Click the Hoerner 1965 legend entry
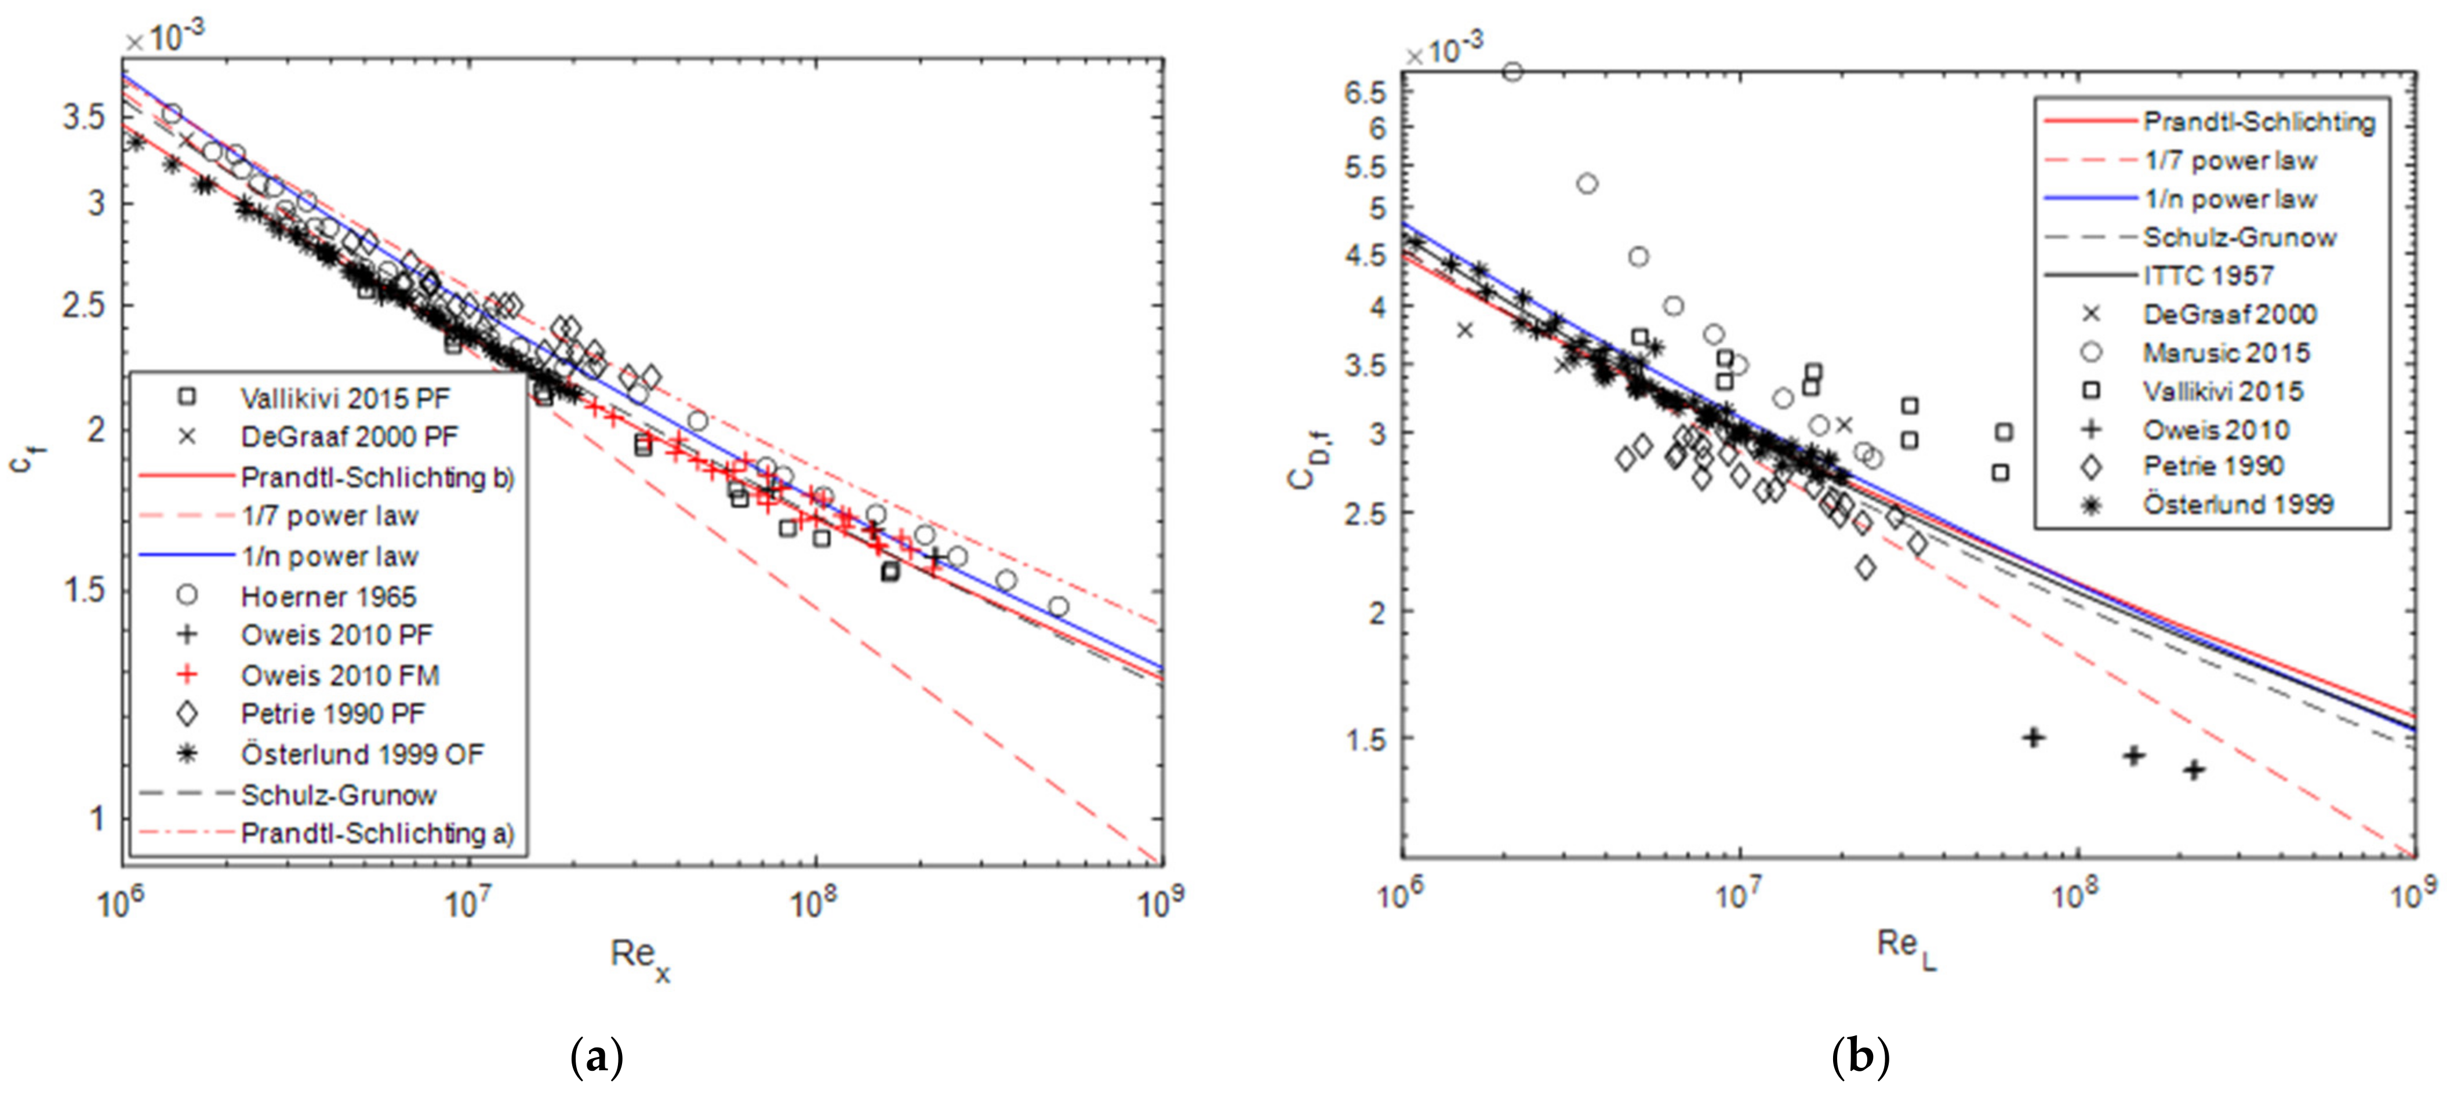pyautogui.click(x=328, y=597)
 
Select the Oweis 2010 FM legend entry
pyautogui.click(x=339, y=675)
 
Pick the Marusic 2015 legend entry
pyautogui.click(x=2225, y=352)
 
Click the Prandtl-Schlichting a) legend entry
pyautogui.click(x=376, y=833)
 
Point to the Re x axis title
pyautogui.click(x=639, y=956)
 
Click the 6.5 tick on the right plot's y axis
pyautogui.click(x=1365, y=92)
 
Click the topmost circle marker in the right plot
pyautogui.click(x=1512, y=71)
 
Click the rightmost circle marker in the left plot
pyautogui.click(x=1058, y=606)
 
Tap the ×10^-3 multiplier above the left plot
pyautogui.click(x=164, y=38)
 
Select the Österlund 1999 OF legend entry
pyautogui.click(x=361, y=754)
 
